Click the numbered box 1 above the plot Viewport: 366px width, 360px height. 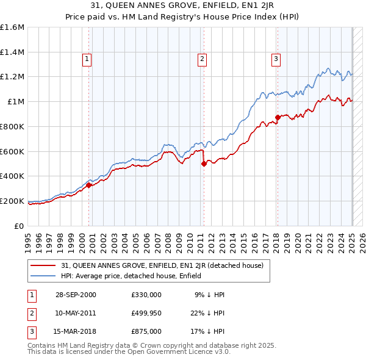[x=87, y=59]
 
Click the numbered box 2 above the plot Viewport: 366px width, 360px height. [x=202, y=59]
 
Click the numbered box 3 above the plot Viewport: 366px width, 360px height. [x=276, y=59]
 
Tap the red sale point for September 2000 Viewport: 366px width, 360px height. [x=89, y=185]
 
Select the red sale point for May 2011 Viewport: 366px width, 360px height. [x=204, y=164]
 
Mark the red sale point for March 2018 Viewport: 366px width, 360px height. [x=278, y=117]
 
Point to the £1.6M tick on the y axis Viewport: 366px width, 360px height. [x=12, y=27]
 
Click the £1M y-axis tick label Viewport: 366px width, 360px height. [x=16, y=102]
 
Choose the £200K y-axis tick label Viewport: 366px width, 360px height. [x=12, y=201]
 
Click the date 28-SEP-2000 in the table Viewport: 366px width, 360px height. [x=76, y=295]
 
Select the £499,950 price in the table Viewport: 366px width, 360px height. [x=146, y=313]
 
